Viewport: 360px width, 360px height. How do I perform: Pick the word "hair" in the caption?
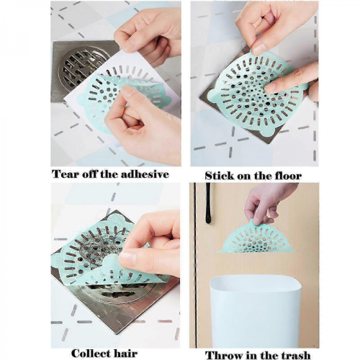click(126, 354)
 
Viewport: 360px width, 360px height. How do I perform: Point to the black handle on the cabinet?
click(208, 204)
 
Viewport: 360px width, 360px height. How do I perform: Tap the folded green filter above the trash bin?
click(256, 238)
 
